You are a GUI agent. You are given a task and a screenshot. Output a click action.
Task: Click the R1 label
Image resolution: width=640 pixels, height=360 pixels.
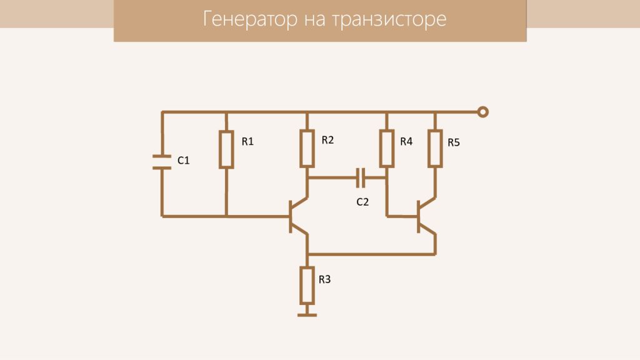click(x=247, y=142)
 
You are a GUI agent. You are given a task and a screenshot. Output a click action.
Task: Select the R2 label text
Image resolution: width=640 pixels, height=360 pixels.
click(x=327, y=140)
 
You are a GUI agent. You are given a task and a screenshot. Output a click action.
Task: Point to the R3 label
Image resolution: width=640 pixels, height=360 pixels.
click(x=324, y=279)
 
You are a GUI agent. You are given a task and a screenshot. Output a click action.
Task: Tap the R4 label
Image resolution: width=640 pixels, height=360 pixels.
click(x=406, y=142)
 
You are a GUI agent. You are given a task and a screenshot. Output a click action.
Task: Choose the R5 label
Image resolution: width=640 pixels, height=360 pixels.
click(x=454, y=142)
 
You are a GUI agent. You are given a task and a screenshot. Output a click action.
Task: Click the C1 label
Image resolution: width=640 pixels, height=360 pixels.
click(x=183, y=161)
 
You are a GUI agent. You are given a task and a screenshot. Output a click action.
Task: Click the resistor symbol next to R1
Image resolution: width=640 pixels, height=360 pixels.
click(x=226, y=149)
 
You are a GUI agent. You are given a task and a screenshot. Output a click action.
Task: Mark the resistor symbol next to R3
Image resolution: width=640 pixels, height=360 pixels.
click(x=307, y=284)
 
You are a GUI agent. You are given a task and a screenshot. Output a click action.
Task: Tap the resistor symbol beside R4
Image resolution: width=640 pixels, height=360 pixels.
click(x=387, y=149)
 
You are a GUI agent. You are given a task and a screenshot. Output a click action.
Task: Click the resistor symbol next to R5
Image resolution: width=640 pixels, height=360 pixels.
click(x=435, y=149)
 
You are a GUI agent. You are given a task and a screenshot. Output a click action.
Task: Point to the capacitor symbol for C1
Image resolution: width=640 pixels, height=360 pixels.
click(x=162, y=162)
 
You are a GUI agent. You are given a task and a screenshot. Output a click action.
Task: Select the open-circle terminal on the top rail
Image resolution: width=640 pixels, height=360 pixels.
click(x=482, y=112)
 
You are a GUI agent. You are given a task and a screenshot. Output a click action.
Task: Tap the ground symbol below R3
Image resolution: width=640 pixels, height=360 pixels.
click(x=307, y=314)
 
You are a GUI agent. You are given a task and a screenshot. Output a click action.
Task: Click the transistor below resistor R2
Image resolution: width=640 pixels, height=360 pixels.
click(x=297, y=216)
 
